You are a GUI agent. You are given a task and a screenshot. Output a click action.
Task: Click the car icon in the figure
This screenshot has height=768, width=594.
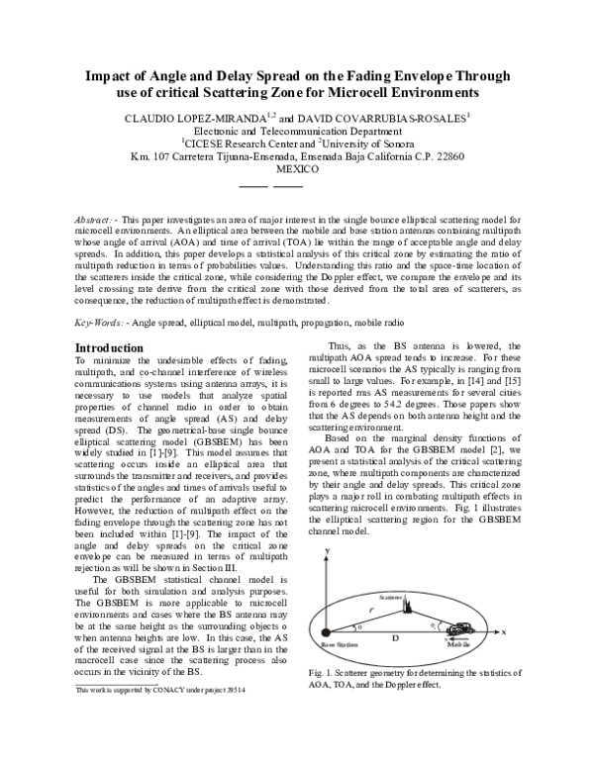[x=460, y=629]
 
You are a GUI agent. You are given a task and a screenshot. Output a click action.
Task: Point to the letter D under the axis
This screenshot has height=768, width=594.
[x=395, y=641]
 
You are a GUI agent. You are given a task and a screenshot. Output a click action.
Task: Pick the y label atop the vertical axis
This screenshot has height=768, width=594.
[x=327, y=557]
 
